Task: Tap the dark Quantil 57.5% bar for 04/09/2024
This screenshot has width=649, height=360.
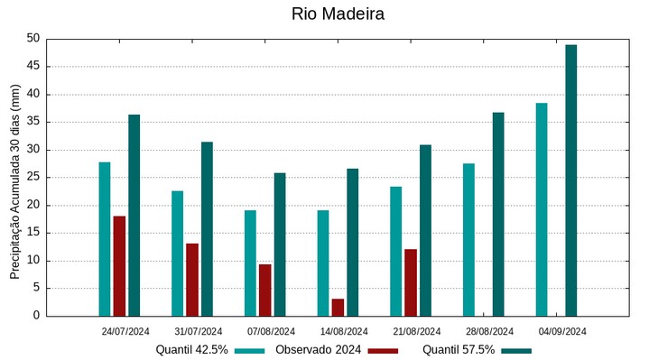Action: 571,180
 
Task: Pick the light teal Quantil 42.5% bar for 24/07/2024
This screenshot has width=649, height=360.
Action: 105,239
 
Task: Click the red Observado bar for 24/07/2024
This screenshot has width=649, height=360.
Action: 119,266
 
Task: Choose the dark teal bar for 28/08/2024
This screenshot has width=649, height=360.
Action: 498,214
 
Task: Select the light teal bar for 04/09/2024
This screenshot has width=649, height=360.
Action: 542,209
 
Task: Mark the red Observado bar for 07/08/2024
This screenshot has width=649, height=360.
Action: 264,290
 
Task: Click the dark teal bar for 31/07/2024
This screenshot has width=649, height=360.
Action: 207,229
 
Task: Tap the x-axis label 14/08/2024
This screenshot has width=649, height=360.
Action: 344,331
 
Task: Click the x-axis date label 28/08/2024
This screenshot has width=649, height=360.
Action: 489,331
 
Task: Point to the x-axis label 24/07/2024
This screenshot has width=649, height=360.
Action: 125,331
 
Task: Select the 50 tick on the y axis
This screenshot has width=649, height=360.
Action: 33,39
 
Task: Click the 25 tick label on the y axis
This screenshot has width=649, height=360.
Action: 33,178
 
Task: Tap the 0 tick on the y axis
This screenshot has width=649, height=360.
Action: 37,316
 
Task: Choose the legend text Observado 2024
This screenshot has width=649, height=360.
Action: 319,350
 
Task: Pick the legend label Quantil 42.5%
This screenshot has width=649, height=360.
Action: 191,350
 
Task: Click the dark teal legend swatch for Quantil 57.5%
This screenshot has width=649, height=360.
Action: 516,350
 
